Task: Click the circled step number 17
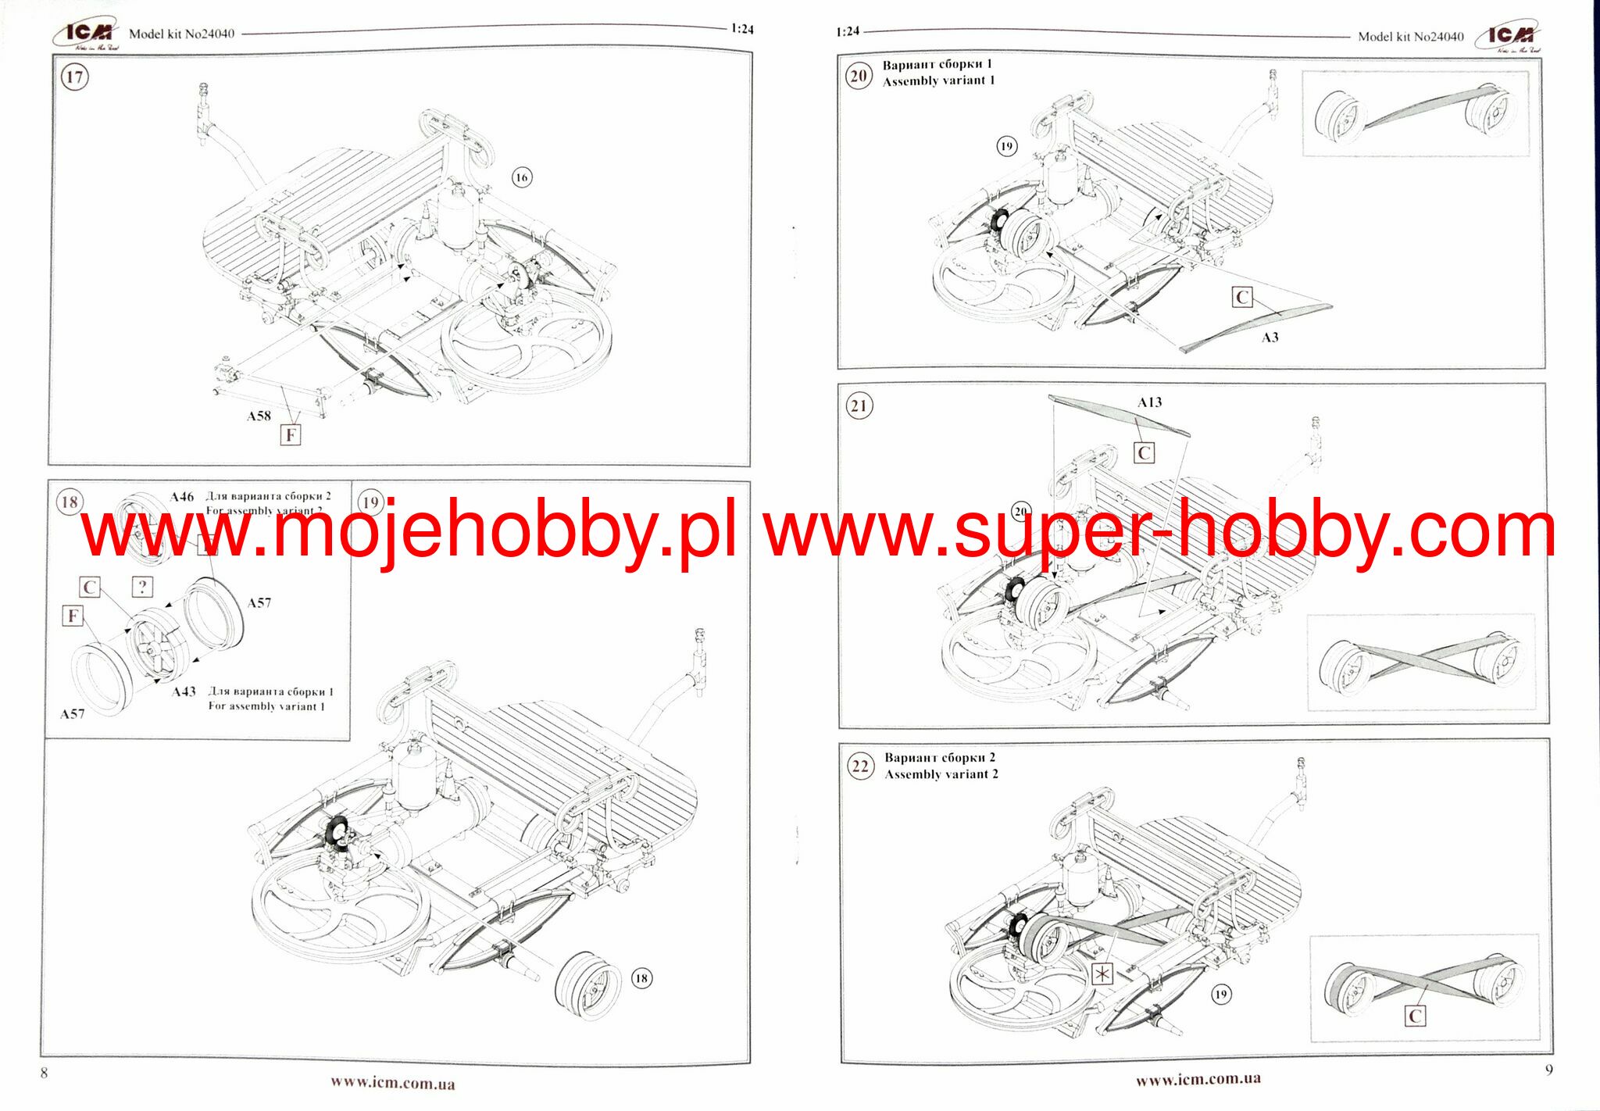pos(74,77)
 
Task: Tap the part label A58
pos(259,416)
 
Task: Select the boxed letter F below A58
pos(290,434)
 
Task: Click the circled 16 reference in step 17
pos(521,177)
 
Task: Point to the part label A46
pos(182,497)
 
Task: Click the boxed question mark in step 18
pos(142,587)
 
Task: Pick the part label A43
pos(184,691)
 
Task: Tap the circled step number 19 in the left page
pos(370,502)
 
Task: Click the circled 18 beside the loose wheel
pos(641,978)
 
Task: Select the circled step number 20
pos(859,77)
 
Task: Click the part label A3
pos(1270,338)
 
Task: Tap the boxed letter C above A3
pos(1242,297)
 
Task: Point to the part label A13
pos(1149,402)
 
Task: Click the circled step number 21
pos(859,406)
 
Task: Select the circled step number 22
pos(860,766)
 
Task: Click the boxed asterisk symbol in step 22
pos(1102,973)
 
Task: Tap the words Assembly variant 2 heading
pos(941,774)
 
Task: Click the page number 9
pos(1548,1070)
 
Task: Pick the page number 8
pos(44,1073)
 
